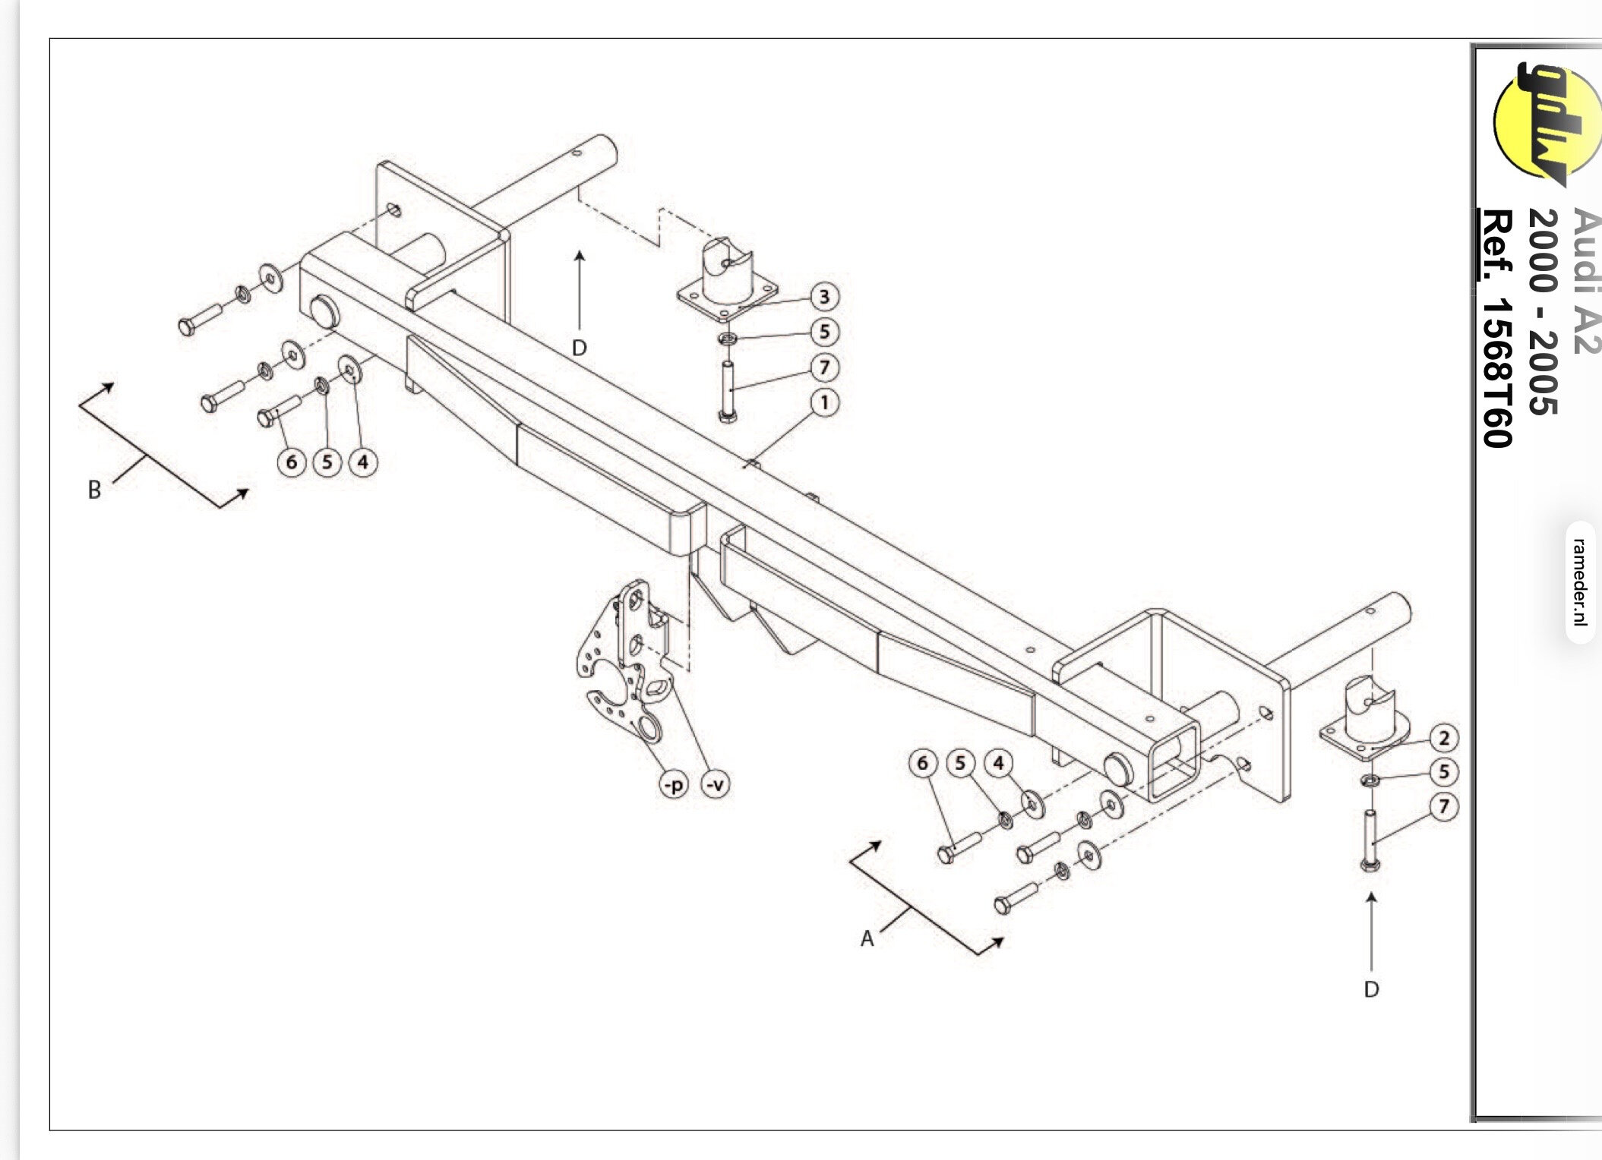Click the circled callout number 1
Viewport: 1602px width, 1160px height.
[824, 402]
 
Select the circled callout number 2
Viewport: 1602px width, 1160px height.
[1443, 738]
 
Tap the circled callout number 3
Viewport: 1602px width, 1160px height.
[824, 296]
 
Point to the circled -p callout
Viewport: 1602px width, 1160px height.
[674, 784]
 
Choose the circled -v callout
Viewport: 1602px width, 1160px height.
[715, 784]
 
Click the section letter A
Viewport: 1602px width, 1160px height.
[867, 939]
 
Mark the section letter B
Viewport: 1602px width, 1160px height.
[94, 490]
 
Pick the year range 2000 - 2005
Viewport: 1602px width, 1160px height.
[1541, 311]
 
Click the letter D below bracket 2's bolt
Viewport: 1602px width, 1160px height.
[1371, 989]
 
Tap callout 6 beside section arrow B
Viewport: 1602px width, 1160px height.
[292, 462]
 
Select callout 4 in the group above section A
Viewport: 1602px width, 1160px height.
[998, 763]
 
